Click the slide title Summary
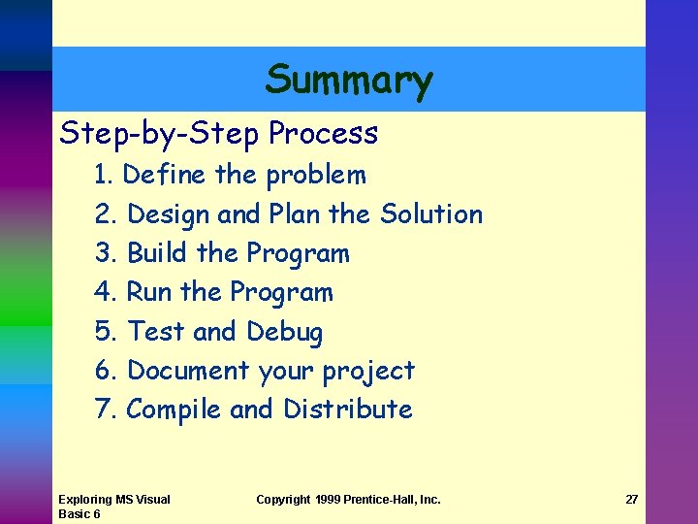tap(349, 80)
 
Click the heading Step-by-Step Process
tap(218, 133)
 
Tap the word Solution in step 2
tap(431, 214)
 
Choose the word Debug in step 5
tap(284, 332)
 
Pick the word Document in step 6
tap(188, 371)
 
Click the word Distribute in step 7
tap(347, 409)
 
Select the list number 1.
tap(104, 176)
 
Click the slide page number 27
tap(632, 500)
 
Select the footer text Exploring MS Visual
tap(113, 500)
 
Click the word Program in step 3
tap(298, 254)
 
